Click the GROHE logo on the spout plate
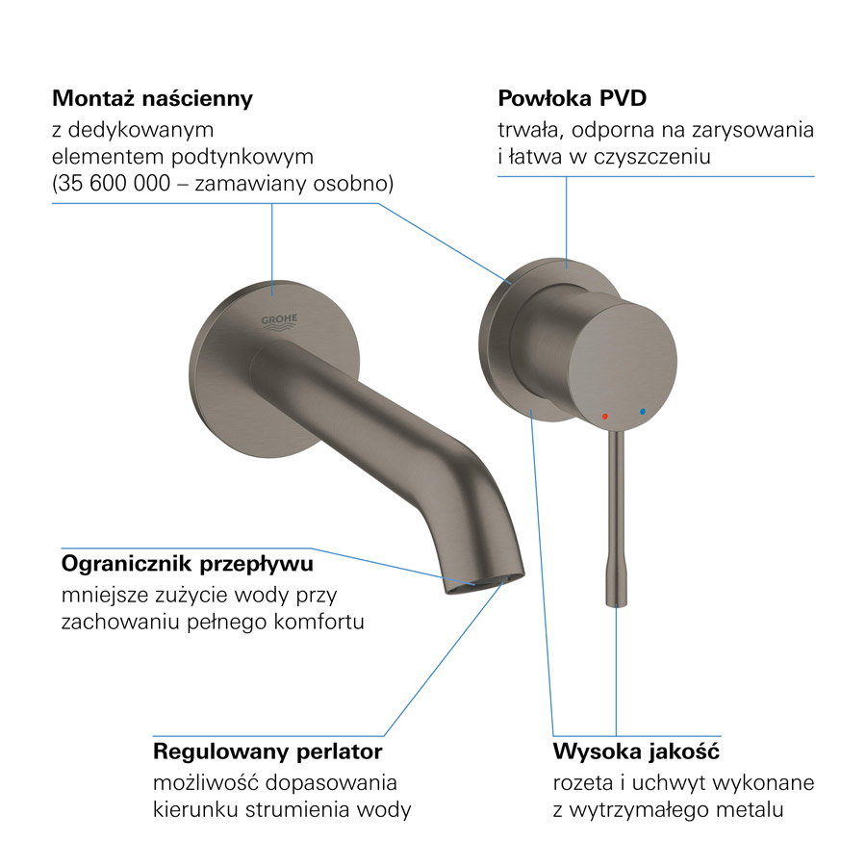click(x=279, y=322)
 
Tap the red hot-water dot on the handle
click(x=605, y=416)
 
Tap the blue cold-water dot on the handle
click(x=643, y=412)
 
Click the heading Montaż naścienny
click(x=152, y=99)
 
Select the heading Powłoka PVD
click(x=573, y=98)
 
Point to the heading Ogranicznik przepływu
click(x=188, y=564)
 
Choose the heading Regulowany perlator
click(x=267, y=751)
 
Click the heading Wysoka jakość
click(x=636, y=751)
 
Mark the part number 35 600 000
click(x=115, y=184)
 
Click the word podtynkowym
click(x=242, y=158)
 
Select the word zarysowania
click(x=752, y=130)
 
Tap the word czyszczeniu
click(x=652, y=158)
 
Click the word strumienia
click(x=297, y=810)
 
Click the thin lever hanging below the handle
click(x=616, y=520)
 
